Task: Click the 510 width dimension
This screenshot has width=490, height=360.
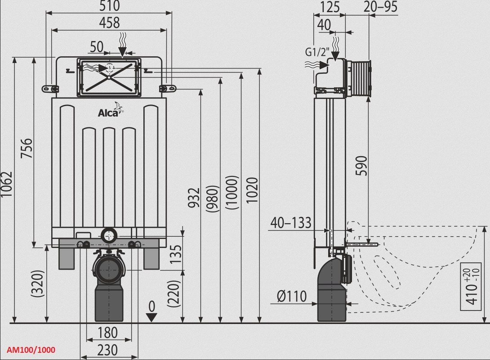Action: (109, 6)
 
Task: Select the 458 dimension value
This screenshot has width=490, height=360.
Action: (109, 23)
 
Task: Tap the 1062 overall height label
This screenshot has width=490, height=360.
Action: (7, 184)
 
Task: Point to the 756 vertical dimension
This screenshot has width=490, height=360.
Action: (27, 148)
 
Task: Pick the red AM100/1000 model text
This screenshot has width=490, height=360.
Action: (31, 350)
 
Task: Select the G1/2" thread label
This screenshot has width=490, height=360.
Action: (317, 52)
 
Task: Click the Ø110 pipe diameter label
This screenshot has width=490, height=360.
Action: (292, 296)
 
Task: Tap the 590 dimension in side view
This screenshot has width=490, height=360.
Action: (362, 166)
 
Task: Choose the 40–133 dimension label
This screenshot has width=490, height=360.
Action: (291, 223)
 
